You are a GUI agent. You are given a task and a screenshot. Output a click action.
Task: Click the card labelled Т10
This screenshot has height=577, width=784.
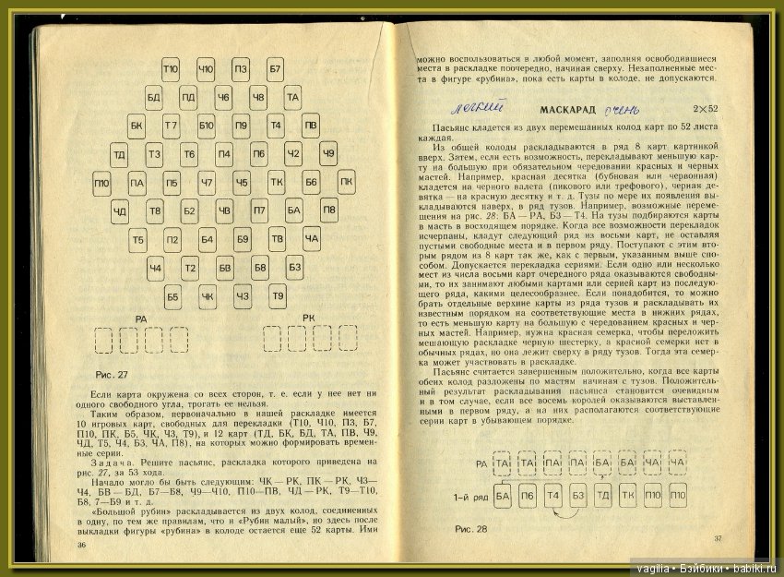(x=171, y=68)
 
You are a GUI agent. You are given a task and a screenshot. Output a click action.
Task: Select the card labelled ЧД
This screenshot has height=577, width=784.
(x=120, y=211)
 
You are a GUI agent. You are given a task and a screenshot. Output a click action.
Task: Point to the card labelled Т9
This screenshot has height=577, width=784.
(x=277, y=296)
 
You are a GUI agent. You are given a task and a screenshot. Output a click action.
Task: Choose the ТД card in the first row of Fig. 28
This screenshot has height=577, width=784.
(x=602, y=498)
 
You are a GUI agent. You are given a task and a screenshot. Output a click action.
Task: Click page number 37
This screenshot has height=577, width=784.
(x=718, y=538)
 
